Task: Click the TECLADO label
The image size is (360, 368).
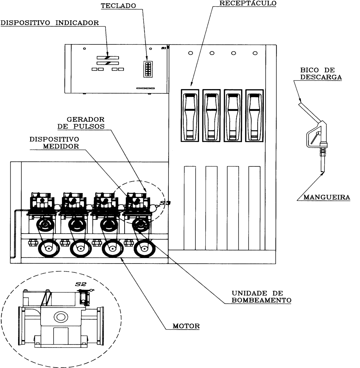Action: [x=118, y=6]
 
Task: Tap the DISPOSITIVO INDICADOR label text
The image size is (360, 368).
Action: [x=50, y=23]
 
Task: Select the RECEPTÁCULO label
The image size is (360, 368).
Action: [x=248, y=3]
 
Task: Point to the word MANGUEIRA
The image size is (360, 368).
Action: [x=327, y=197]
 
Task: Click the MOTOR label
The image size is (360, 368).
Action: [x=186, y=326]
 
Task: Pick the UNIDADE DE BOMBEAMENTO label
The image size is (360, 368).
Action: [x=261, y=297]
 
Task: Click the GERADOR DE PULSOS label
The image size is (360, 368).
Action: [x=81, y=123]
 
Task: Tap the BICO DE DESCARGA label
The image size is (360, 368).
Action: [x=321, y=73]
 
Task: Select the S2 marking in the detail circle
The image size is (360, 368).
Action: [x=81, y=284]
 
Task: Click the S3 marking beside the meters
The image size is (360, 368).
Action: [x=165, y=203]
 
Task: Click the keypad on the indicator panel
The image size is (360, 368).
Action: [x=148, y=69]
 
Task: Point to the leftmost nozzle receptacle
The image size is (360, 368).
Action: [x=190, y=115]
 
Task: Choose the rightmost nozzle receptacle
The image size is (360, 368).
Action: [x=254, y=115]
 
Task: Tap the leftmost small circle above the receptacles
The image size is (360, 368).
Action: [x=191, y=53]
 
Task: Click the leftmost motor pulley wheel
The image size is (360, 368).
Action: [x=49, y=248]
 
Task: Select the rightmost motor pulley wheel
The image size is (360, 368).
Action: [x=145, y=248]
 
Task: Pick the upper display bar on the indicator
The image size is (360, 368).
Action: [x=108, y=58]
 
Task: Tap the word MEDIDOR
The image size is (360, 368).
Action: [x=61, y=146]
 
